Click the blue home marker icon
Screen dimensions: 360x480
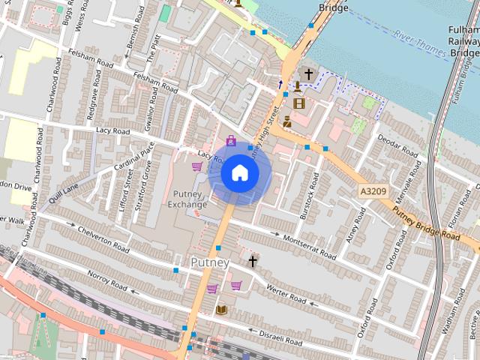239,173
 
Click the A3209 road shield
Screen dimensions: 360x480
373,192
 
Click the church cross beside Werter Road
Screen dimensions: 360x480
253,261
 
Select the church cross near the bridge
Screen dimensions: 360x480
307,74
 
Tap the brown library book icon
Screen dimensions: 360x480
221,309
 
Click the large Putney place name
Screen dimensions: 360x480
209,262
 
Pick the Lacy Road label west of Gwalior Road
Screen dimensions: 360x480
112,130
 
